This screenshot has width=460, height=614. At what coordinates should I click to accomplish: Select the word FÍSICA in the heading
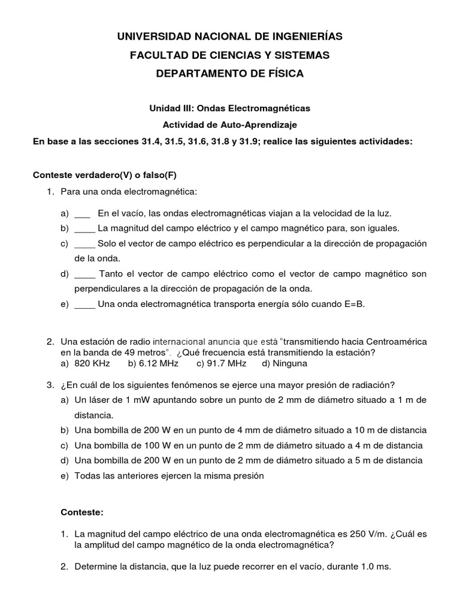pyautogui.click(x=280, y=73)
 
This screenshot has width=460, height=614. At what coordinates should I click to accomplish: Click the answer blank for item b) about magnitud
pyautogui.click(x=84, y=228)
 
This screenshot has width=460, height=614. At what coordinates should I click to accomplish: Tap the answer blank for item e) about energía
pyautogui.click(x=84, y=304)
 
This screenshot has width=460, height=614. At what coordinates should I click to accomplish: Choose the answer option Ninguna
pyautogui.click(x=289, y=363)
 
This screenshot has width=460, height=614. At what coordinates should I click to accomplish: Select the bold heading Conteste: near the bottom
pyautogui.click(x=82, y=513)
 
